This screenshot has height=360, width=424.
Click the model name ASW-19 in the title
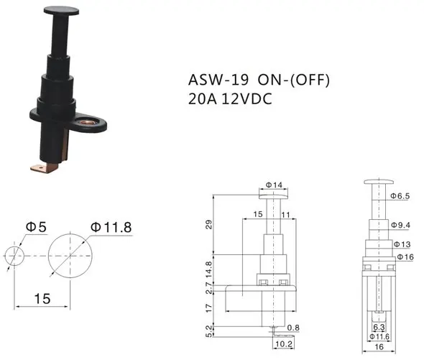[218, 80]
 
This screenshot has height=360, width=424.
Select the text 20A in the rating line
[203, 98]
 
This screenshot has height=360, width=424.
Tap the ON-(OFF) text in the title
[294, 80]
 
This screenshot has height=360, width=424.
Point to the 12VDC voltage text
[246, 98]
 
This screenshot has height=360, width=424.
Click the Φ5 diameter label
[36, 226]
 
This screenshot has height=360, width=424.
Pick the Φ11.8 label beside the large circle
[111, 227]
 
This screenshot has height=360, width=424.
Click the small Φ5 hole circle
[14, 256]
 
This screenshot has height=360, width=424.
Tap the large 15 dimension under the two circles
[42, 299]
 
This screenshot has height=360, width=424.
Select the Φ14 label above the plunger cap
[274, 185]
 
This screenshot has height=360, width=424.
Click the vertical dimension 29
[208, 225]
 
